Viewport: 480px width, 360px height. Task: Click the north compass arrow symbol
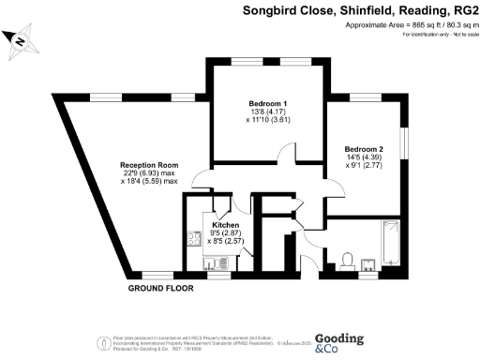(x=18, y=39)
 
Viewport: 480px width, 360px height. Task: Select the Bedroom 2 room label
(x=364, y=149)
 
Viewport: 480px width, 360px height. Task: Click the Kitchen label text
(x=226, y=226)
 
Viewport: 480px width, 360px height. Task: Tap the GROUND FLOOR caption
(x=160, y=288)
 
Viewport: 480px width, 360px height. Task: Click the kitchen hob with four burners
(x=193, y=238)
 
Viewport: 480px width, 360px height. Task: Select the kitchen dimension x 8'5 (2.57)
(x=226, y=242)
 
